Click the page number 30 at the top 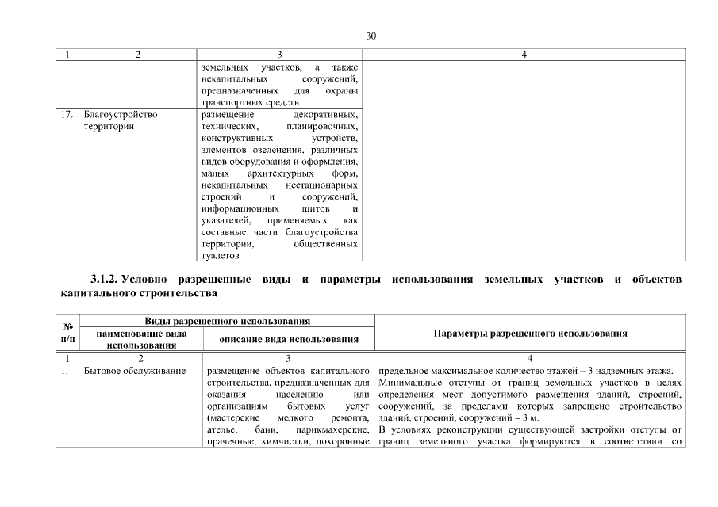[x=371, y=36]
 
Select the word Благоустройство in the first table [x=120, y=115]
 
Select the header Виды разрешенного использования [x=226, y=320]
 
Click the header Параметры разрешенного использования [x=531, y=334]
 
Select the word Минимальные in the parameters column [x=408, y=382]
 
